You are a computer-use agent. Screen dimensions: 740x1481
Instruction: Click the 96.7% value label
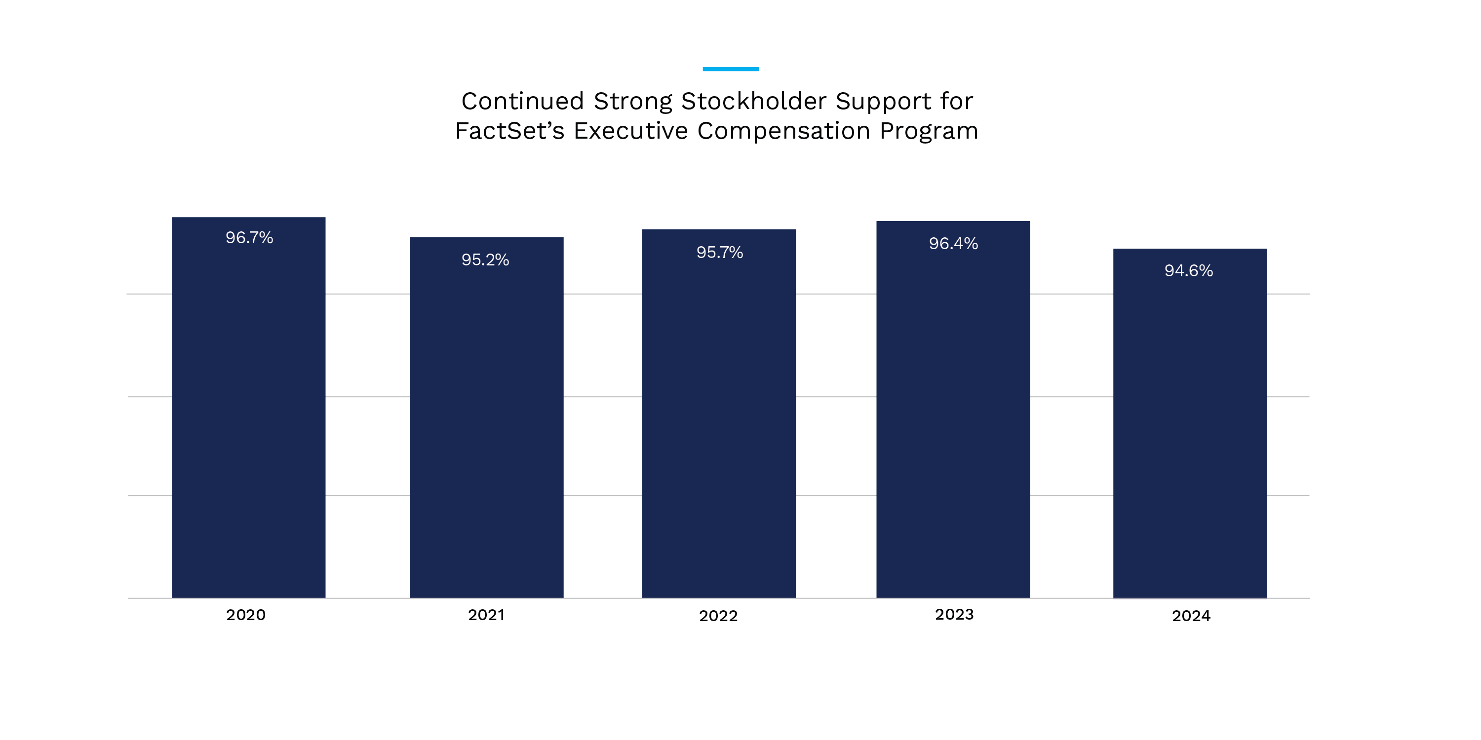click(x=249, y=238)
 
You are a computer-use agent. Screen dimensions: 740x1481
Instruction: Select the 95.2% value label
click(x=485, y=259)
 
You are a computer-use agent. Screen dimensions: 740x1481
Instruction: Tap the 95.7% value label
click(x=719, y=252)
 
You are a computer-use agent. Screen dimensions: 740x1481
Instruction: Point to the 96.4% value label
click(x=953, y=244)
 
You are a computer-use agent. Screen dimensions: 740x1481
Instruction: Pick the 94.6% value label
click(x=1188, y=271)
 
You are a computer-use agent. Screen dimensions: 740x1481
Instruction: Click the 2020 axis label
click(x=245, y=615)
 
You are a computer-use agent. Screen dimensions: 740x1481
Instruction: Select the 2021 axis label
click(x=486, y=615)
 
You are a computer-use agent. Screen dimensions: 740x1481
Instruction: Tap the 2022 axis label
click(x=718, y=616)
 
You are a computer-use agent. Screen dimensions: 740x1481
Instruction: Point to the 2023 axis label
click(x=954, y=614)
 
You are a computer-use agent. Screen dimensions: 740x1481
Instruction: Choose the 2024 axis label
click(x=1191, y=616)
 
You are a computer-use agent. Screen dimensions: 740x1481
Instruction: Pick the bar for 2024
click(x=1190, y=431)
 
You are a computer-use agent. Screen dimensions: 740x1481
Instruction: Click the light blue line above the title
click(x=730, y=69)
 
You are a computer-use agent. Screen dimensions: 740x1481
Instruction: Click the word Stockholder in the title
click(x=754, y=102)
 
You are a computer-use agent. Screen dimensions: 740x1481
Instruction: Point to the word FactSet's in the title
click(x=509, y=131)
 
